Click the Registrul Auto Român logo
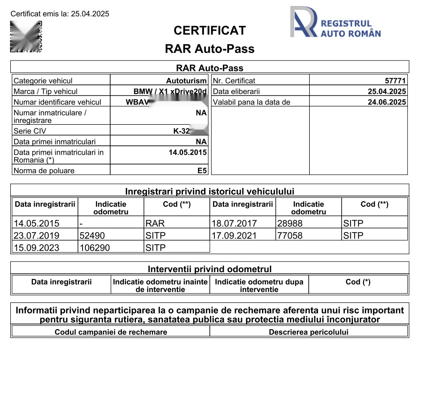tap(335, 22)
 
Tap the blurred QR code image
tap(26, 37)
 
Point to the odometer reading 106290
tap(94, 248)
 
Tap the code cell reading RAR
tap(155, 223)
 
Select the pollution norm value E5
tap(202, 171)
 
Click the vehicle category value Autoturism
tap(186, 81)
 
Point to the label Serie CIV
tap(30, 131)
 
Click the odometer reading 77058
tap(290, 235)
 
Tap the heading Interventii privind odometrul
tap(210, 269)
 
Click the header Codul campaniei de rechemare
tap(111, 332)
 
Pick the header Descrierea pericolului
tap(309, 332)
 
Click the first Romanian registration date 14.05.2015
tap(187, 152)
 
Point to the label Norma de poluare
tap(44, 171)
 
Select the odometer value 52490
tap(92, 235)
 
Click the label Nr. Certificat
tap(234, 81)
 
